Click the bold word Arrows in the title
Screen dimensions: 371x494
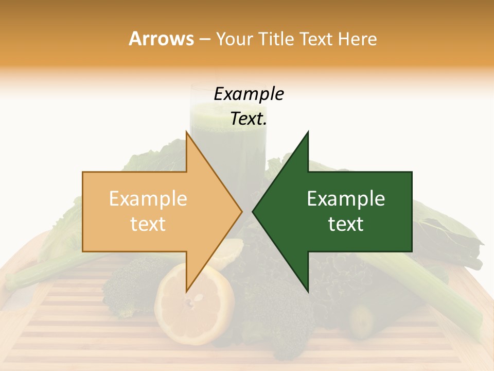pos(161,39)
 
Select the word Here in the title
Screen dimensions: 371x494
pos(357,39)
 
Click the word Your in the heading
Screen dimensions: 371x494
pos(234,39)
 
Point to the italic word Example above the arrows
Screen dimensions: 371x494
pos(249,94)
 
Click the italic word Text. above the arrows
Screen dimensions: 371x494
pos(249,119)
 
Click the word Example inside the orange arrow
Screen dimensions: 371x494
pos(148,199)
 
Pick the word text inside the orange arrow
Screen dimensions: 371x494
pos(148,224)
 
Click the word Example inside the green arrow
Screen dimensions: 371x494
pos(346,199)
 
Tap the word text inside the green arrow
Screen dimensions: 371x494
pos(346,224)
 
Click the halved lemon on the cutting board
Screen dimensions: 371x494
pos(193,309)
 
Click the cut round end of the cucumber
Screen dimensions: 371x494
pos(362,321)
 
